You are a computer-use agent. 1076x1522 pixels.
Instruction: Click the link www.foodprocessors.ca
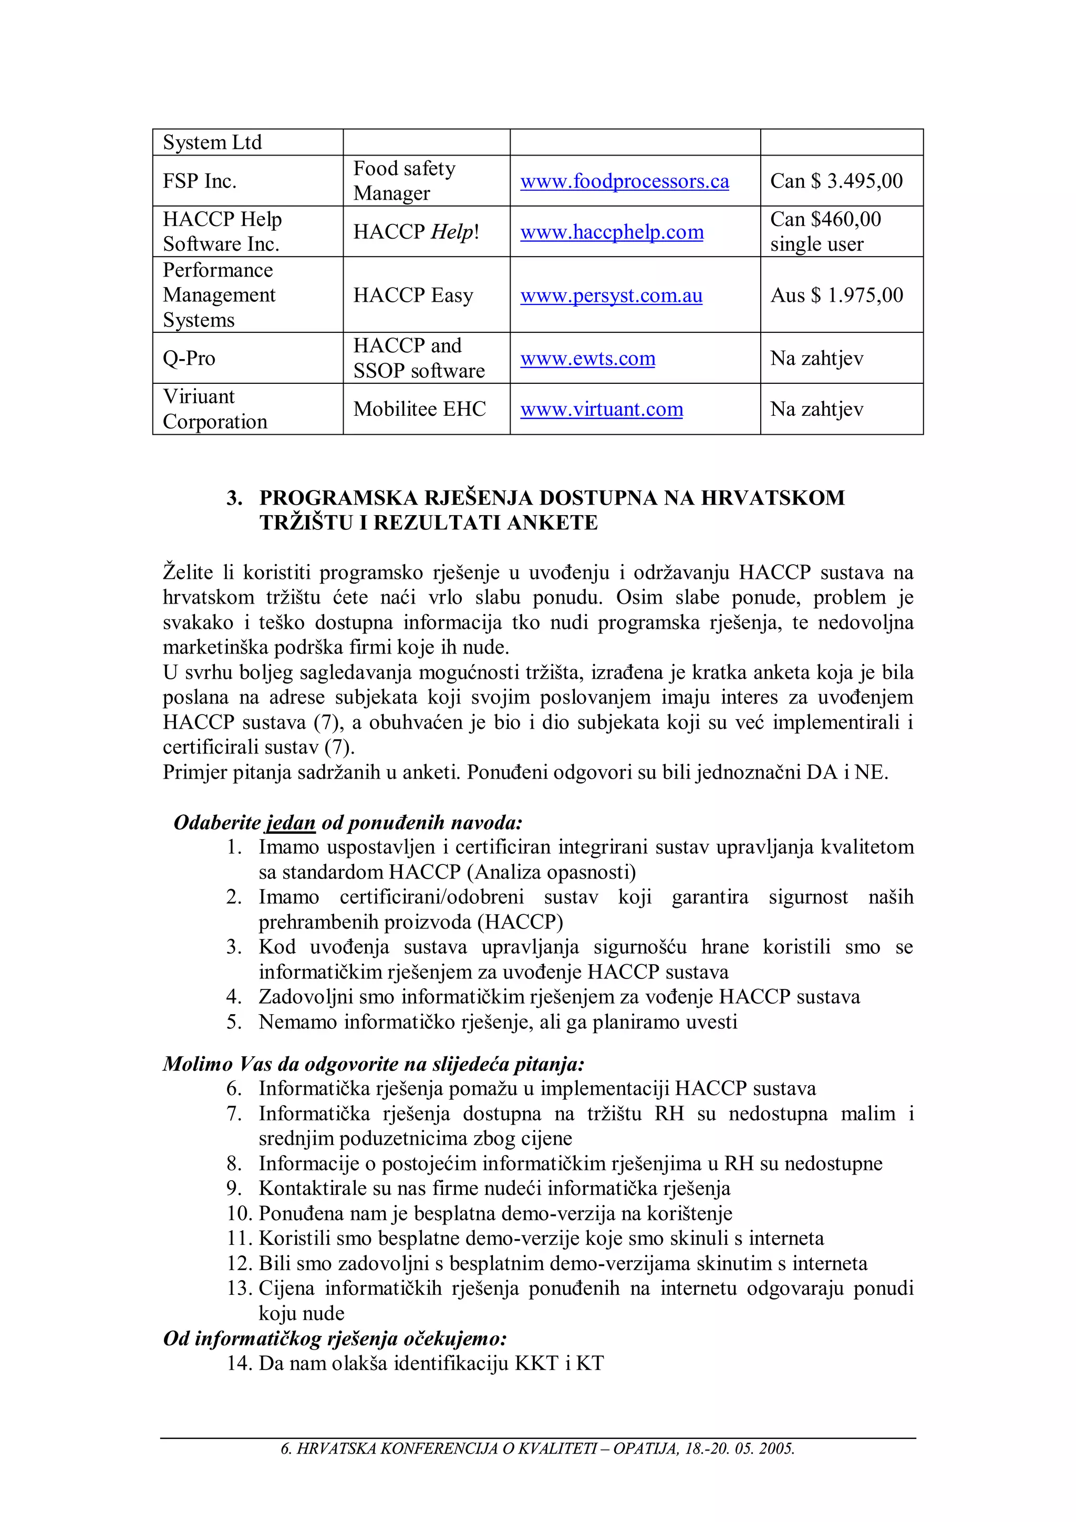[x=624, y=181]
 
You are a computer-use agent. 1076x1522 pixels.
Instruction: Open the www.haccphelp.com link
[x=612, y=232]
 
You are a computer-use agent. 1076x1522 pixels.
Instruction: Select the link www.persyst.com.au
[x=611, y=295]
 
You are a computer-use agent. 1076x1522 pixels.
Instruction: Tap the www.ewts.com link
[x=588, y=359]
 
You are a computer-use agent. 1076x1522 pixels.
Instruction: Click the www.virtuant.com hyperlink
[x=601, y=409]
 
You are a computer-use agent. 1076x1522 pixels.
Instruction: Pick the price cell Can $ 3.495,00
[x=836, y=181]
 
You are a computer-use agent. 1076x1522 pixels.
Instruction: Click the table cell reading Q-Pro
[x=190, y=359]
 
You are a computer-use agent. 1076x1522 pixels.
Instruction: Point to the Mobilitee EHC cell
[x=419, y=409]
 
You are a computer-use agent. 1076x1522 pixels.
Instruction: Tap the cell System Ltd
[x=212, y=142]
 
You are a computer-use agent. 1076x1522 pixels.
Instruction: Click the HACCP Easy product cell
[x=413, y=295]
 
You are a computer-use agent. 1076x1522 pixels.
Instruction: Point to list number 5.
[x=234, y=1022]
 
